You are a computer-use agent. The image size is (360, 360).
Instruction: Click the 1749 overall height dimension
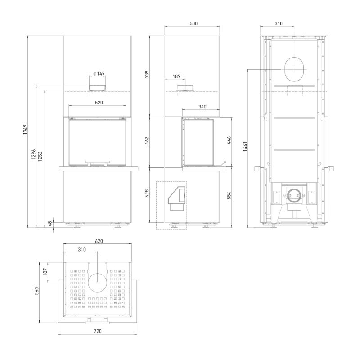[x=25, y=130]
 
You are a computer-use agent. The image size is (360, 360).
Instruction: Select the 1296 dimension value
[x=33, y=154]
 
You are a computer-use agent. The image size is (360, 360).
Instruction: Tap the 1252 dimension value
[x=40, y=156]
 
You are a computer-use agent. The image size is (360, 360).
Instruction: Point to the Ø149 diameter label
[x=99, y=73]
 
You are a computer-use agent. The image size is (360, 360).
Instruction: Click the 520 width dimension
[x=99, y=103]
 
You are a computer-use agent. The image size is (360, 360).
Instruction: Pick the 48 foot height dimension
[x=50, y=224]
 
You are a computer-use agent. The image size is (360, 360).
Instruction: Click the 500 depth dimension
[x=193, y=23]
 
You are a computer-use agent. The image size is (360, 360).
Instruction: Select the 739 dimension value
[x=147, y=74]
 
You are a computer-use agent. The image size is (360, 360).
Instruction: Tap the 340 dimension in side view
[x=202, y=107]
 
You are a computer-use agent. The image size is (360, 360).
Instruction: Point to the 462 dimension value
[x=147, y=140]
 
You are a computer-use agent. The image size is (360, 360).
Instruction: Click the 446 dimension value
[x=229, y=140]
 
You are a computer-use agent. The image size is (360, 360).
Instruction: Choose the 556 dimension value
[x=229, y=195]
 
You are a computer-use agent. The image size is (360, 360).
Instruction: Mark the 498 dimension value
[x=147, y=193]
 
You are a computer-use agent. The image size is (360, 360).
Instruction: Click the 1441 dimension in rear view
[x=245, y=147]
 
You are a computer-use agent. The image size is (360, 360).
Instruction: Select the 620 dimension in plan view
[x=99, y=241]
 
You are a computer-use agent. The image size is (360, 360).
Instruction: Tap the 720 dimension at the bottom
[x=98, y=331]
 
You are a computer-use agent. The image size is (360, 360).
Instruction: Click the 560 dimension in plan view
[x=37, y=291]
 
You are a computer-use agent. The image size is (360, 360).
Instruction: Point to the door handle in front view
[x=98, y=162]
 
